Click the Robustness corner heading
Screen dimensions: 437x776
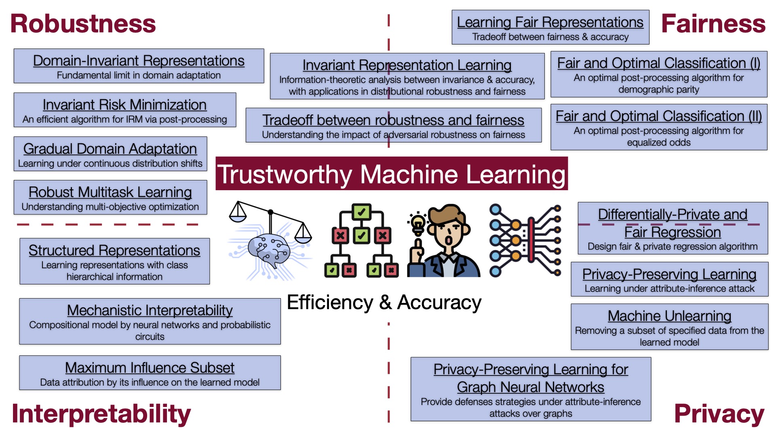pyautogui.click(x=83, y=23)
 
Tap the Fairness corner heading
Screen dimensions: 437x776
pyautogui.click(x=713, y=23)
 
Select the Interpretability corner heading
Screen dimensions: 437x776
pyautogui.click(x=101, y=414)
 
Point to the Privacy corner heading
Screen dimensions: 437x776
pyautogui.click(x=719, y=414)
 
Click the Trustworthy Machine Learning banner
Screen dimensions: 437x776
pyautogui.click(x=391, y=174)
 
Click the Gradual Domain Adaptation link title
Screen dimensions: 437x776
pyautogui.click(x=110, y=149)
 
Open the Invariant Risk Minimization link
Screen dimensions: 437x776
pyautogui.click(x=124, y=105)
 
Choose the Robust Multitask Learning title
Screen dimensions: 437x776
pyautogui.click(x=110, y=192)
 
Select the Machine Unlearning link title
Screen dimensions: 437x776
pyautogui.click(x=669, y=316)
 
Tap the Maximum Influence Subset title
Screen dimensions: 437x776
pyautogui.click(x=150, y=368)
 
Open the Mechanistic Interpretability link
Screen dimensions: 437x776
pyautogui.click(x=150, y=310)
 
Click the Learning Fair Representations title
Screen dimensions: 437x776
pyautogui.click(x=550, y=22)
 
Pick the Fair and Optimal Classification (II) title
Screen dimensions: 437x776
pyautogui.click(x=658, y=116)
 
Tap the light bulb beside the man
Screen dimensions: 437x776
pyautogui.click(x=418, y=223)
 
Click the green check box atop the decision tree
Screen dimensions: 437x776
pyautogui.click(x=361, y=212)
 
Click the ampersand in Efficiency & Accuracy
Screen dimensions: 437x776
pyautogui.click(x=385, y=302)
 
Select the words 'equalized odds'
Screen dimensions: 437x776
pyautogui.click(x=658, y=142)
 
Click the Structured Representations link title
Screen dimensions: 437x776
pyautogui.click(x=114, y=250)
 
